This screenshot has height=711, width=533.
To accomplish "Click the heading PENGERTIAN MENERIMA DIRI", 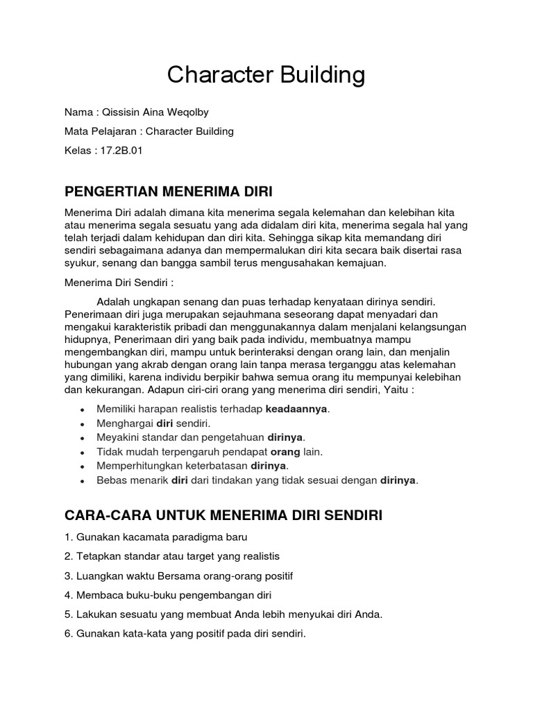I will click(169, 192).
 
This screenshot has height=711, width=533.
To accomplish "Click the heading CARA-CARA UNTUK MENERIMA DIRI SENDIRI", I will click(223, 515).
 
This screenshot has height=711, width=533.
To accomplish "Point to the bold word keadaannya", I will click(297, 409).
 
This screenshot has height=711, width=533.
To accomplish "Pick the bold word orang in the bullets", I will click(284, 451).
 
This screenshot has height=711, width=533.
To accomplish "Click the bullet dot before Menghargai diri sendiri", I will click(83, 424).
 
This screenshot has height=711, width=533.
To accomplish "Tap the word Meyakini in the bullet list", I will click(116, 437).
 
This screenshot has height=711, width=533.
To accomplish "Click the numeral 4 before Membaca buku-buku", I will click(67, 595).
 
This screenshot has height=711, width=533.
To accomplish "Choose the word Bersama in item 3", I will click(179, 576).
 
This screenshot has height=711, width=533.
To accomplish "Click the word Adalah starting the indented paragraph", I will click(113, 302).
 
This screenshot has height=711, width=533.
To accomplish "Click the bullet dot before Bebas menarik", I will click(83, 480).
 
